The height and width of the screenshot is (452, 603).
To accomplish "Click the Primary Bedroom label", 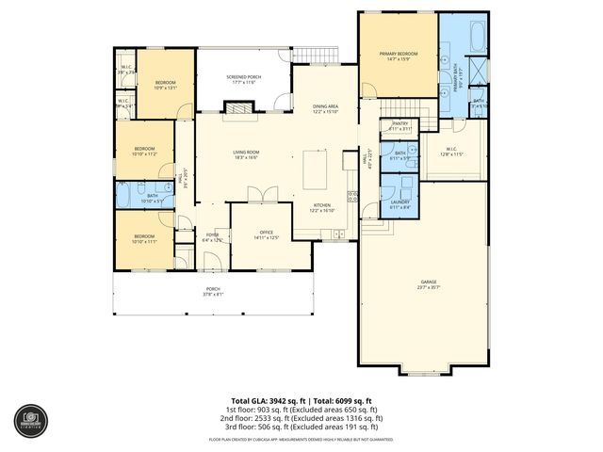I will pyautogui.click(x=396, y=56).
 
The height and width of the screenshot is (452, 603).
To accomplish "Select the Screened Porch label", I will pyautogui.click(x=243, y=80).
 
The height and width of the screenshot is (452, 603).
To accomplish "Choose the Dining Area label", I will pyautogui.click(x=326, y=109).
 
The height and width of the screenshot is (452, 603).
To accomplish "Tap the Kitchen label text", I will pyautogui.click(x=322, y=207).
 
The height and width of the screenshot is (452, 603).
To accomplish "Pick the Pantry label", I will pyautogui.click(x=399, y=125).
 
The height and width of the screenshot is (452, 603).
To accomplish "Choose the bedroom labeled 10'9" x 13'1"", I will pyautogui.click(x=165, y=86).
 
